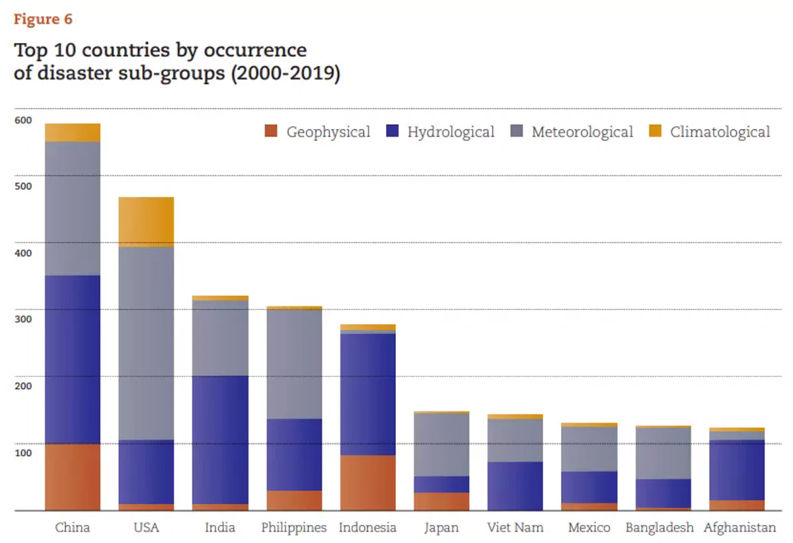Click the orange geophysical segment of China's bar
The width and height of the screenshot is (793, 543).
tap(73, 477)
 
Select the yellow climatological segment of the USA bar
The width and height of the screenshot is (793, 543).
tap(146, 222)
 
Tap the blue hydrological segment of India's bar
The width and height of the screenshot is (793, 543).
tap(220, 440)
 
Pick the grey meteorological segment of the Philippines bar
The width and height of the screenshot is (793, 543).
tap(294, 364)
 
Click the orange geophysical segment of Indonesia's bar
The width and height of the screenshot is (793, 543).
tap(367, 483)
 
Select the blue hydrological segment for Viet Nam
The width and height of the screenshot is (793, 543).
tap(515, 486)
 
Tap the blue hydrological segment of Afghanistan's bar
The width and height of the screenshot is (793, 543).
tap(737, 470)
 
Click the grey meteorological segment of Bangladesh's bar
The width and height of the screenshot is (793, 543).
tap(663, 453)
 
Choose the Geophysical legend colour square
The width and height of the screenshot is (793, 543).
tap(271, 132)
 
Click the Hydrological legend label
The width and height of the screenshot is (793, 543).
tap(451, 132)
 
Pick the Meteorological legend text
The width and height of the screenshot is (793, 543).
tap(582, 132)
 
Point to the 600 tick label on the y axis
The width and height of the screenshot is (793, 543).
tap(23, 120)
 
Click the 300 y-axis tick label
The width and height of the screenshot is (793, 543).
tap(23, 319)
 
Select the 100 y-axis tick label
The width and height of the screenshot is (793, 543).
tap(23, 453)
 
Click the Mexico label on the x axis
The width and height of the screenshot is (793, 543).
tap(589, 528)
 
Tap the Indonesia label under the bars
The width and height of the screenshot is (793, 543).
tap(367, 528)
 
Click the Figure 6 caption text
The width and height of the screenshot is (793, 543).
tap(43, 19)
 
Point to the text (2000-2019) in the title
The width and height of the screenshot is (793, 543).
tap(285, 73)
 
